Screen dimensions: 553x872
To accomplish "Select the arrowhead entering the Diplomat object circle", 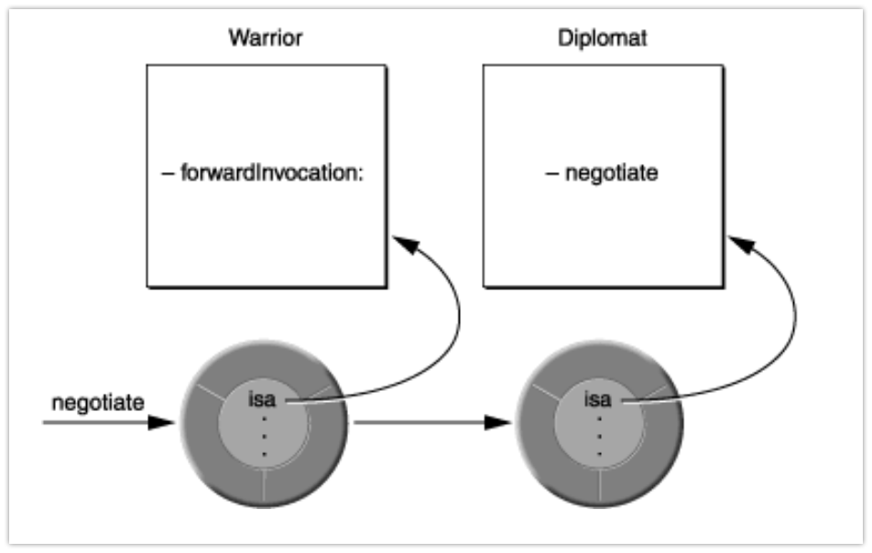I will pos(497,423).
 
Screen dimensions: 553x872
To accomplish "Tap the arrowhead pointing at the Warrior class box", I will pos(404,245).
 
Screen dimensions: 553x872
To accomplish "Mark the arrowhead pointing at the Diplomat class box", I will pos(740,245).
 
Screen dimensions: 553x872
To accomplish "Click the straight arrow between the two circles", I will pos(421,423).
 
